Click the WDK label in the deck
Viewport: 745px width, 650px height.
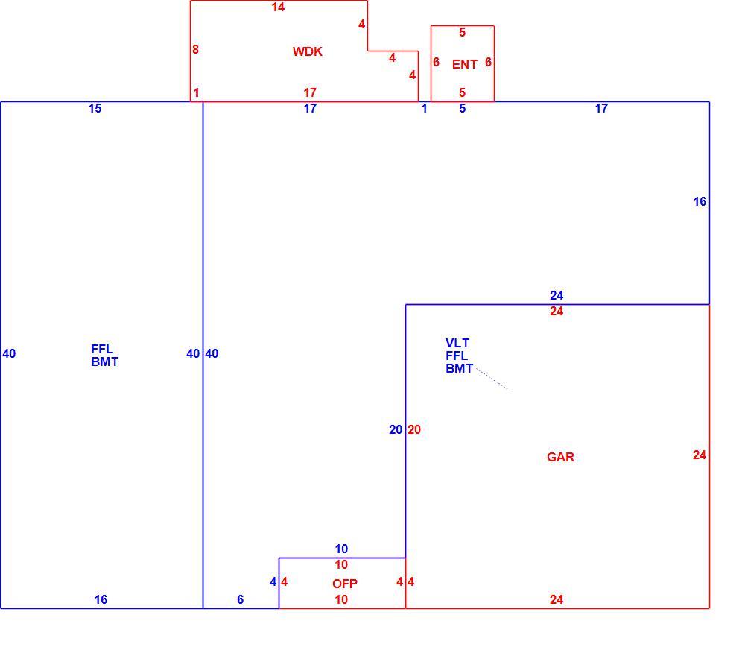(x=308, y=51)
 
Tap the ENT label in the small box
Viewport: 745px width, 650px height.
(x=465, y=64)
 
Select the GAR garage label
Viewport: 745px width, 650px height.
(x=561, y=457)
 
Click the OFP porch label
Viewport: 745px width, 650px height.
(x=345, y=584)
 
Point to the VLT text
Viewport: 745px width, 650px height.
(x=457, y=343)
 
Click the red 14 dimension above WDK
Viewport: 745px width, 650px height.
(x=278, y=7)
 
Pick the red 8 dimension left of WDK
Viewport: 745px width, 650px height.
(x=195, y=49)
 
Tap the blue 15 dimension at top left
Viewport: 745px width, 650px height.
(x=95, y=108)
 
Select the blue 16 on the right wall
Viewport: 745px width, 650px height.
(x=700, y=201)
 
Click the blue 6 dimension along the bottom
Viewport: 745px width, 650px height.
(x=241, y=599)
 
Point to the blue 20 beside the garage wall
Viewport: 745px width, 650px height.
(x=396, y=430)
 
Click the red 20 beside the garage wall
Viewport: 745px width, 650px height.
(x=413, y=430)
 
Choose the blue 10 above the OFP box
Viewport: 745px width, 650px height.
(x=341, y=549)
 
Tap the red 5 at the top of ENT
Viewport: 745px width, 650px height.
(x=463, y=32)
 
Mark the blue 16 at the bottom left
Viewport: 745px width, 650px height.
(x=101, y=599)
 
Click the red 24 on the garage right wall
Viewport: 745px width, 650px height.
(x=700, y=455)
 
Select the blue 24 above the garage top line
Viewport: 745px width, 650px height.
(x=557, y=295)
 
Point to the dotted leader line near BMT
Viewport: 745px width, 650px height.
(x=491, y=377)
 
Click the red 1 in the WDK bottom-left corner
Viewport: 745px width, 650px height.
(x=196, y=92)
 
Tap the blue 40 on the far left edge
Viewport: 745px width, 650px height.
(x=9, y=354)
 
